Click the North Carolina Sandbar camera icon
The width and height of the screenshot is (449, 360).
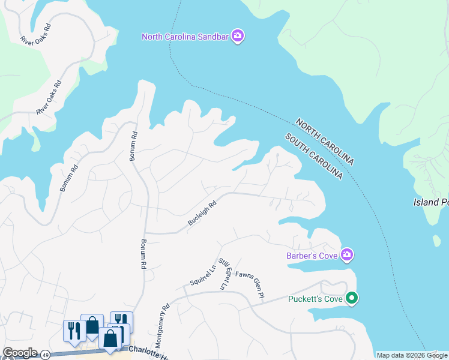238,37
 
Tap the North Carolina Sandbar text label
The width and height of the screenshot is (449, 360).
185,37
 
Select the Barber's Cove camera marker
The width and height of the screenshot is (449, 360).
347,256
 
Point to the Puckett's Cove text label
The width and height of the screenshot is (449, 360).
315,298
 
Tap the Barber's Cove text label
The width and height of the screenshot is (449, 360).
311,256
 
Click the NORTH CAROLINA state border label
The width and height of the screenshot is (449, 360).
324,142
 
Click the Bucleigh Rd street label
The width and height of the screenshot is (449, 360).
202,213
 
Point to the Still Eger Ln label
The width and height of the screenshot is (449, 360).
225,274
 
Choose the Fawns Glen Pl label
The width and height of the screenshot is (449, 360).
250,284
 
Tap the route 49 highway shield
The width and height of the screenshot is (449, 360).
46,355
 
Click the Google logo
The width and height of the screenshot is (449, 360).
20,353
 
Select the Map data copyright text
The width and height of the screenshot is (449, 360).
412,355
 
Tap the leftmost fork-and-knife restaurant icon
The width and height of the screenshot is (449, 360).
74,331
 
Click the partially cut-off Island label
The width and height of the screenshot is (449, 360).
430,202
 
